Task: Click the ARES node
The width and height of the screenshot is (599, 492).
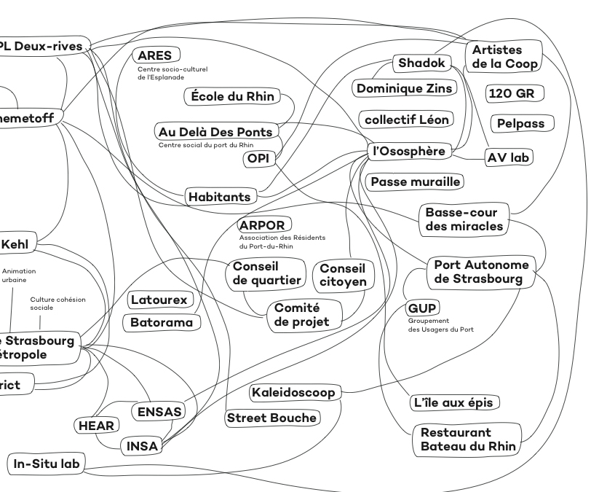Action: pyautogui.click(x=155, y=55)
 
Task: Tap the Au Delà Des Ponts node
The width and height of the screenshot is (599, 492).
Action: pyautogui.click(x=216, y=132)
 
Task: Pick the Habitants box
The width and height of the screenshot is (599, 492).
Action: pyautogui.click(x=219, y=196)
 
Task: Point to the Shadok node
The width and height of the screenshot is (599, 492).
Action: pyautogui.click(x=421, y=63)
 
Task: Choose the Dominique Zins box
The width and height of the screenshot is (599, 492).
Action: pyautogui.click(x=404, y=88)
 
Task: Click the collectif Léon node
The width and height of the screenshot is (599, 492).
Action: pyautogui.click(x=407, y=119)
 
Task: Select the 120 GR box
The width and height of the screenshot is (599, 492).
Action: pyautogui.click(x=515, y=94)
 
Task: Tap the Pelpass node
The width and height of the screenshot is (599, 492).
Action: pyautogui.click(x=521, y=123)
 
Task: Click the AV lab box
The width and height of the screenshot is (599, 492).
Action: pyautogui.click(x=509, y=157)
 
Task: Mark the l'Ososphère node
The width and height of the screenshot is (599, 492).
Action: pyautogui.click(x=408, y=151)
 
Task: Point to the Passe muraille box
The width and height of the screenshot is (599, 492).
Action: pyautogui.click(x=416, y=181)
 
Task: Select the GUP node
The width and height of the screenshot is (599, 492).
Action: pyautogui.click(x=422, y=308)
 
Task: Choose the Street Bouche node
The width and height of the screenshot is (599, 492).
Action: pyautogui.click(x=272, y=418)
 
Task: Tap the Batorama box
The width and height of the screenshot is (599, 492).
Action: pyautogui.click(x=162, y=322)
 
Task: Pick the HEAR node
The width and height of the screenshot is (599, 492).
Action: pyautogui.click(x=96, y=425)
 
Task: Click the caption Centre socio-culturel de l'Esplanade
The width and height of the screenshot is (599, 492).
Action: pyautogui.click(x=172, y=73)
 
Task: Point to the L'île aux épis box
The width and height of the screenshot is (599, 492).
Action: pyautogui.click(x=456, y=402)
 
